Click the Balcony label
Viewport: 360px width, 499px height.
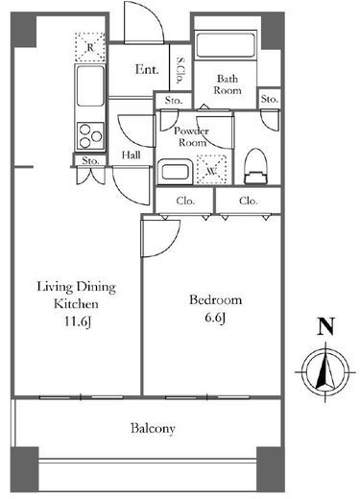(153, 428)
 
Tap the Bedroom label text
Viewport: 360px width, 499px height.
(215, 300)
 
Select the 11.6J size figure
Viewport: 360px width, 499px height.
(78, 321)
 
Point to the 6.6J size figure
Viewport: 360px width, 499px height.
(215, 318)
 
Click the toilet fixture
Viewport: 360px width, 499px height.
(255, 166)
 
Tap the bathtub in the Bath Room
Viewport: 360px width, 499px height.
(226, 45)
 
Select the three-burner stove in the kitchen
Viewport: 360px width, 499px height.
(90, 136)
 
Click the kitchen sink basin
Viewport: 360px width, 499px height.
(90, 85)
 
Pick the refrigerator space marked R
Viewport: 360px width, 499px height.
(90, 47)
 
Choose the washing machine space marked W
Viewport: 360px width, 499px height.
(211, 170)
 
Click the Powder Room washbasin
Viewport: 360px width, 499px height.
(175, 172)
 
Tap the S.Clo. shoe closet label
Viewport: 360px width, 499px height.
(180, 70)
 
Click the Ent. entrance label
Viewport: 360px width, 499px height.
(147, 69)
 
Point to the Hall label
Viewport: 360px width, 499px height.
(132, 155)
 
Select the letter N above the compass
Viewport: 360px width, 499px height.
(325, 326)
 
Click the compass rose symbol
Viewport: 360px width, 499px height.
(325, 372)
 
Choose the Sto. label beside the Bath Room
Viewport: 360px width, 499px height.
(269, 99)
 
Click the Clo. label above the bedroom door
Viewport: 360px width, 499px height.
(185, 201)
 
